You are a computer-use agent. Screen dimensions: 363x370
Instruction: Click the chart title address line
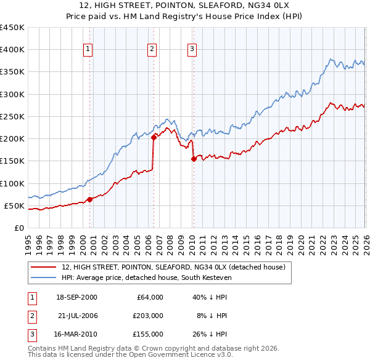(x=184, y=6)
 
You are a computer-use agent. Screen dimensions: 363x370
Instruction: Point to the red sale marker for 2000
(x=89, y=199)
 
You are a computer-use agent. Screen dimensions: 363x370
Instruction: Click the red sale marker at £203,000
(x=154, y=138)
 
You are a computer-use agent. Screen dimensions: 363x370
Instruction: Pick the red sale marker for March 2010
(x=194, y=159)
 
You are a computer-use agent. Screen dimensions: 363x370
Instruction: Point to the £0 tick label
(x=18, y=228)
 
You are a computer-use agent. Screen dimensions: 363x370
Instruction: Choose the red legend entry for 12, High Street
(x=173, y=267)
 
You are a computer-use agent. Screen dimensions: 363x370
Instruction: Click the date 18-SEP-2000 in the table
(x=76, y=297)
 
